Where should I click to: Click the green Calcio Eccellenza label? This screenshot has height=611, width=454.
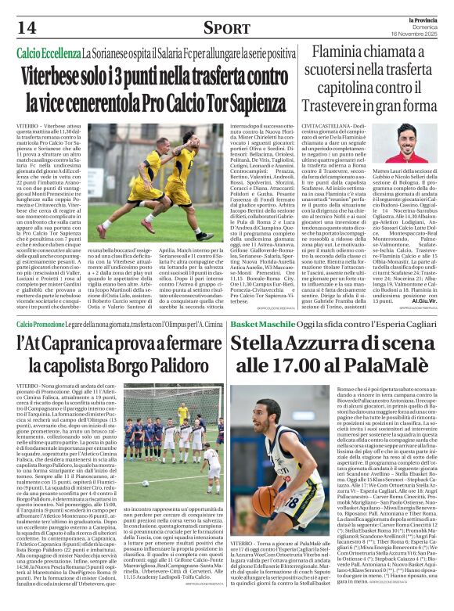point(49,52)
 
